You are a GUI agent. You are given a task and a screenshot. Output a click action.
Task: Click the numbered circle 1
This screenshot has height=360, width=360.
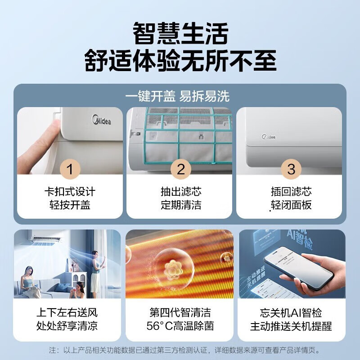tap(70, 169)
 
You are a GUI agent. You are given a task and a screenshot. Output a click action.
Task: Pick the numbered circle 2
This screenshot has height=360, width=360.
tap(180, 169)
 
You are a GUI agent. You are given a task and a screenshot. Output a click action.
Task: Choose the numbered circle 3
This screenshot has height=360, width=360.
tap(291, 169)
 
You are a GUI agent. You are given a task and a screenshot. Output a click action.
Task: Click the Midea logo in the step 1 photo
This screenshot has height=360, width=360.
tap(101, 121)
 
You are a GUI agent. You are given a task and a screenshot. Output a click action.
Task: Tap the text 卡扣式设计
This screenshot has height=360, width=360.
tap(70, 192)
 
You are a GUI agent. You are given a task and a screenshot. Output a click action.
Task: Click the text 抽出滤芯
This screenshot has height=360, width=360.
tap(180, 192)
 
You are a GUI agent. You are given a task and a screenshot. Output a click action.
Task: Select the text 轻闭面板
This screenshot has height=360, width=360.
tap(291, 205)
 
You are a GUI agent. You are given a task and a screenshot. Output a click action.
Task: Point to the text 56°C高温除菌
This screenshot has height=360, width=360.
tap(180, 326)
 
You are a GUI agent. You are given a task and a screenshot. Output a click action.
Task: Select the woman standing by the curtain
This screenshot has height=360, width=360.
tap(96, 270)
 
